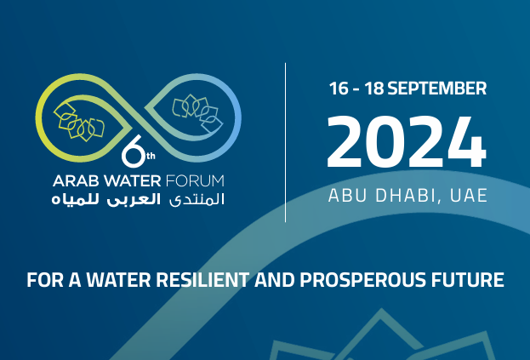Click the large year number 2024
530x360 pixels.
pos(407,141)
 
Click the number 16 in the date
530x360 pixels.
pos(340,89)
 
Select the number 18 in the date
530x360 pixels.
pos(376,89)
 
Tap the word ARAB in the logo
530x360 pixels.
pos(72,180)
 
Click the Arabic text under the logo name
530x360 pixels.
pos(138,200)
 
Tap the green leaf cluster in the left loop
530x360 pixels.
pos(78,121)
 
